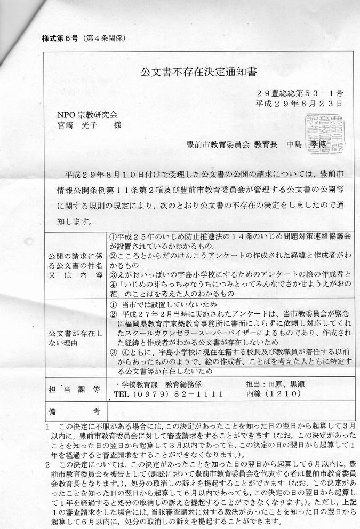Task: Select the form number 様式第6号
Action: [x=59, y=38]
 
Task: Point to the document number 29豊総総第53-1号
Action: [x=299, y=92]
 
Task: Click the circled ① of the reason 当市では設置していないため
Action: [x=113, y=304]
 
